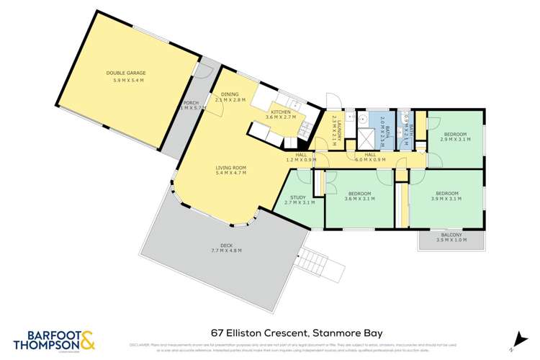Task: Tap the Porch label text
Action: pyautogui.click(x=191, y=103)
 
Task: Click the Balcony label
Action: pyautogui.click(x=452, y=235)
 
